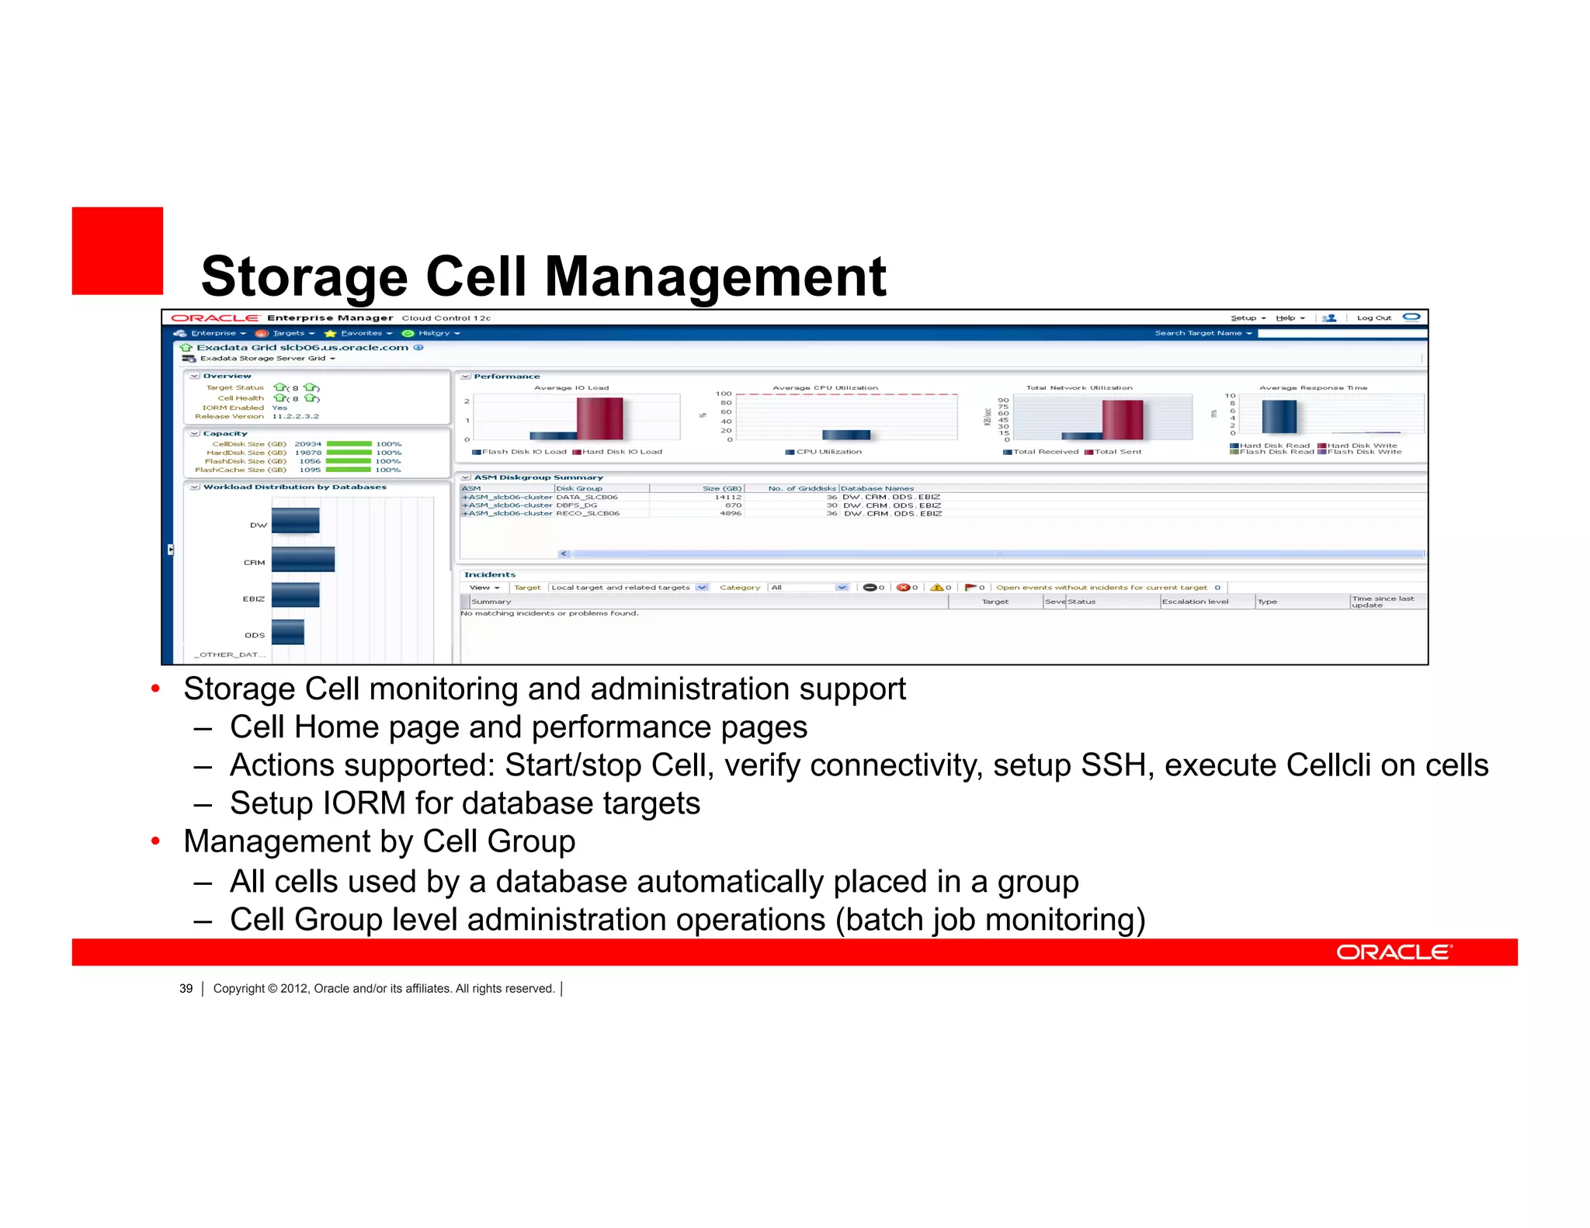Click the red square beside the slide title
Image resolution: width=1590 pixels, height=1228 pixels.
tap(117, 251)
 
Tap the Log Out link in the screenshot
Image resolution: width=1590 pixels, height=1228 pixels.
tap(1373, 317)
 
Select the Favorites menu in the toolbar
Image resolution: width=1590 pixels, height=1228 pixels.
tap(362, 333)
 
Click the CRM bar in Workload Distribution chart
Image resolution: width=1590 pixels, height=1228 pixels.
tap(303, 560)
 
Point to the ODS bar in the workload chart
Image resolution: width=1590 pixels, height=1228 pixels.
tap(287, 632)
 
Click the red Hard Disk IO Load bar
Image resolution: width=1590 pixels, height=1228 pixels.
tap(599, 418)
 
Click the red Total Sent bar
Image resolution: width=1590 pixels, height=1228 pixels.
tap(1123, 420)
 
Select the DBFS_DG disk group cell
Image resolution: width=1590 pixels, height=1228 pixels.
tap(577, 505)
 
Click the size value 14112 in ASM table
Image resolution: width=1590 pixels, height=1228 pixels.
tap(728, 497)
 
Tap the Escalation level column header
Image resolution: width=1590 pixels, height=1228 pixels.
tap(1195, 602)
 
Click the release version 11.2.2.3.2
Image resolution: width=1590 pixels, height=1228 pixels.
tap(295, 417)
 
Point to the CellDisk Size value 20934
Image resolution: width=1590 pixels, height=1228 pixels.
tap(307, 444)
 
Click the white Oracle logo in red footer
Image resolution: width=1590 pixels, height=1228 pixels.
tap(1394, 952)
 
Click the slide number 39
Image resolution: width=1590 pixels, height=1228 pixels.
tap(186, 989)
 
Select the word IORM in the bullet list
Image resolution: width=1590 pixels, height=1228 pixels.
tap(364, 803)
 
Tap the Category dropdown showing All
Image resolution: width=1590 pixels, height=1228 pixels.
tap(808, 588)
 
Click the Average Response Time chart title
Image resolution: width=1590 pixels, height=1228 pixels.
tap(1313, 387)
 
